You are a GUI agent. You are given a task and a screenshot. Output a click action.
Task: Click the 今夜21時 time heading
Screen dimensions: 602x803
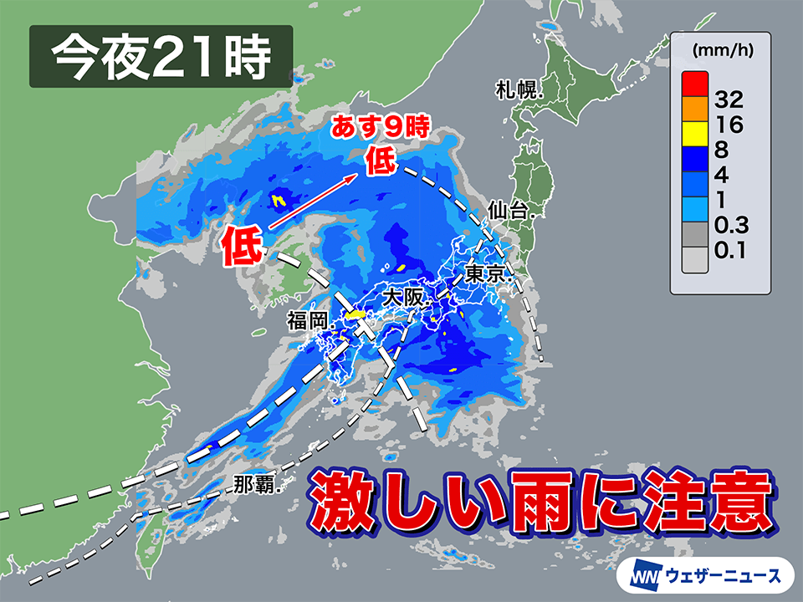point(161,57)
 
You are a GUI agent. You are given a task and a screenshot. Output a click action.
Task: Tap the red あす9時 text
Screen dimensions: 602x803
point(381,128)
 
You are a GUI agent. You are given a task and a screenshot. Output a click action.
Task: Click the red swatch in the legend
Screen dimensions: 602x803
point(694,84)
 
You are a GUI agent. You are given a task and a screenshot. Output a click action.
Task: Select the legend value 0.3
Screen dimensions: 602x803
point(730,224)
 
